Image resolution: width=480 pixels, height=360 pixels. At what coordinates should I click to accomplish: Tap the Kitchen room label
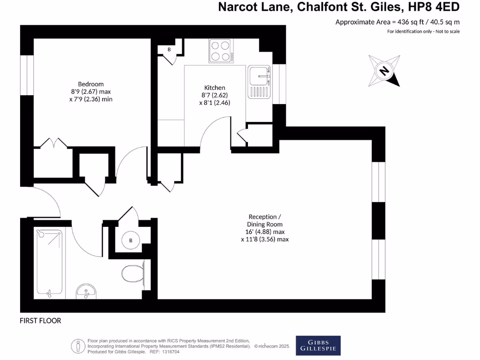(x=215, y=88)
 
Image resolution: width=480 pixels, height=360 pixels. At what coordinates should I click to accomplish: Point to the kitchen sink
(x=260, y=75)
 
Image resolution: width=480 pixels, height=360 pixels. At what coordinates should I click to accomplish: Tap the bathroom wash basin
(x=86, y=292)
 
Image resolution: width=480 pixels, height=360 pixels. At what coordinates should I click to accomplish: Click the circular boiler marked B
(x=131, y=241)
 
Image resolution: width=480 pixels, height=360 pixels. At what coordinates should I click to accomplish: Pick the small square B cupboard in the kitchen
(x=169, y=49)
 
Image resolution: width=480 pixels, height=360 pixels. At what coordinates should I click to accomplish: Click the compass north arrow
(x=384, y=71)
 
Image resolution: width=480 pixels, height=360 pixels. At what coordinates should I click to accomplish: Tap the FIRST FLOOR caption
(x=40, y=321)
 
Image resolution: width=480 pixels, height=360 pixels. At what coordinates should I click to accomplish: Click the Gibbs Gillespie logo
(x=318, y=345)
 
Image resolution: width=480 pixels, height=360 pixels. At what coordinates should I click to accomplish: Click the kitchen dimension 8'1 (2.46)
(x=215, y=103)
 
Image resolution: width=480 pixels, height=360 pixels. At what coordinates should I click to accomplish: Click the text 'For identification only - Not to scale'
(x=423, y=31)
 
